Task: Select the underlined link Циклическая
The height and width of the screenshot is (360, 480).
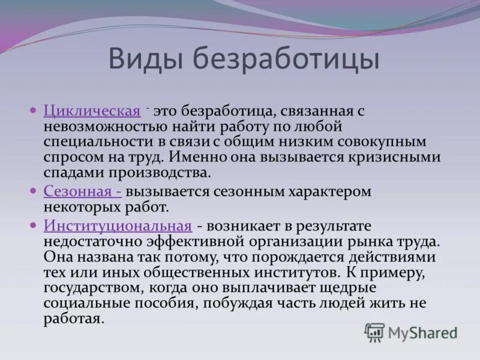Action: [92, 112]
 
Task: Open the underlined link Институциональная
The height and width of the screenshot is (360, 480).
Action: [118, 226]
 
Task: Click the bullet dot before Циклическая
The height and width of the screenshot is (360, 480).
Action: [34, 111]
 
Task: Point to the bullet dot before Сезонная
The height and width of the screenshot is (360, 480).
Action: [34, 191]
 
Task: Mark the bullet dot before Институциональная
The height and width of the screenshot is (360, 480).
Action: [34, 225]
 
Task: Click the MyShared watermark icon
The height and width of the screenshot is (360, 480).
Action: [375, 332]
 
